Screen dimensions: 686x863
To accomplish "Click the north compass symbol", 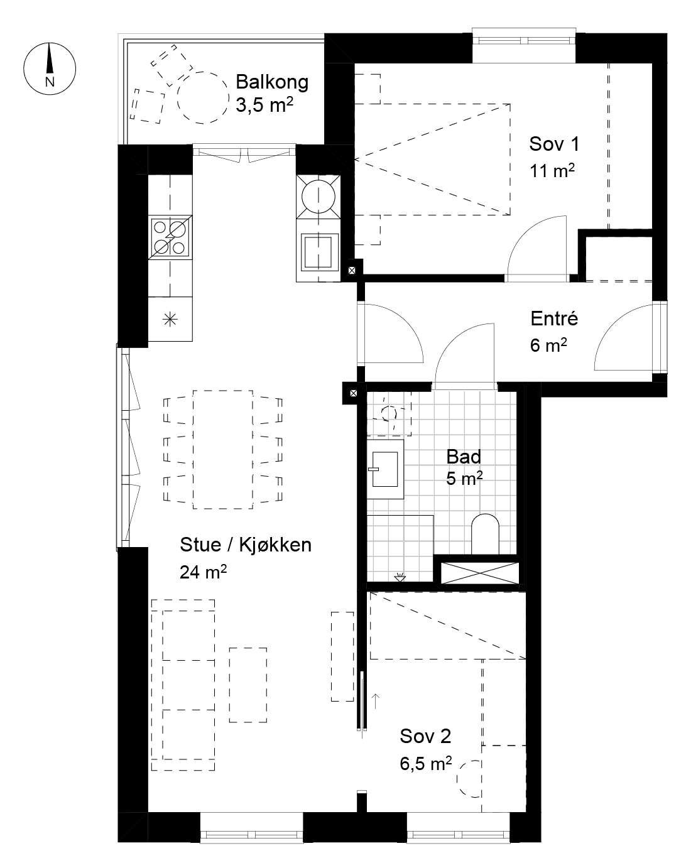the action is (49, 68).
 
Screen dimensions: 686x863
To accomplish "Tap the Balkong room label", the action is (272, 82).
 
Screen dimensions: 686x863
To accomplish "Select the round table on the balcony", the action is (203, 98).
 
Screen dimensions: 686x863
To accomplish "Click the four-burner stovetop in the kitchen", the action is (170, 237).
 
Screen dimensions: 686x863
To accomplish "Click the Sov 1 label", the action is (553, 144).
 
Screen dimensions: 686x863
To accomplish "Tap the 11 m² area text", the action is (552, 170).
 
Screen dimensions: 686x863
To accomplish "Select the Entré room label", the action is (554, 318).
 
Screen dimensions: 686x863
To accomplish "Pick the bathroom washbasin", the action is (385, 468).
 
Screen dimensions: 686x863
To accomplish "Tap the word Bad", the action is (464, 457).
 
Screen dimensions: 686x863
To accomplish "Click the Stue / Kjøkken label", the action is (246, 545).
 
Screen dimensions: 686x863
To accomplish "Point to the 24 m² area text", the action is (203, 573).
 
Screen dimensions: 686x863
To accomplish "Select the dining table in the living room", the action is (222, 449).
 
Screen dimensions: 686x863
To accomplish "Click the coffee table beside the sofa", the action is (248, 685).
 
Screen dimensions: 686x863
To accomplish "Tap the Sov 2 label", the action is (425, 736).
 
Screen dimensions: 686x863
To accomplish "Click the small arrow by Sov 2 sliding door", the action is (376, 701).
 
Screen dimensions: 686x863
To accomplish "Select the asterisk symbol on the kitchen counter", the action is (170, 319).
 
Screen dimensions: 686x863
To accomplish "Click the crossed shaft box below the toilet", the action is (480, 572).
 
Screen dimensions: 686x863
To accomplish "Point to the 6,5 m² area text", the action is (425, 764).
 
